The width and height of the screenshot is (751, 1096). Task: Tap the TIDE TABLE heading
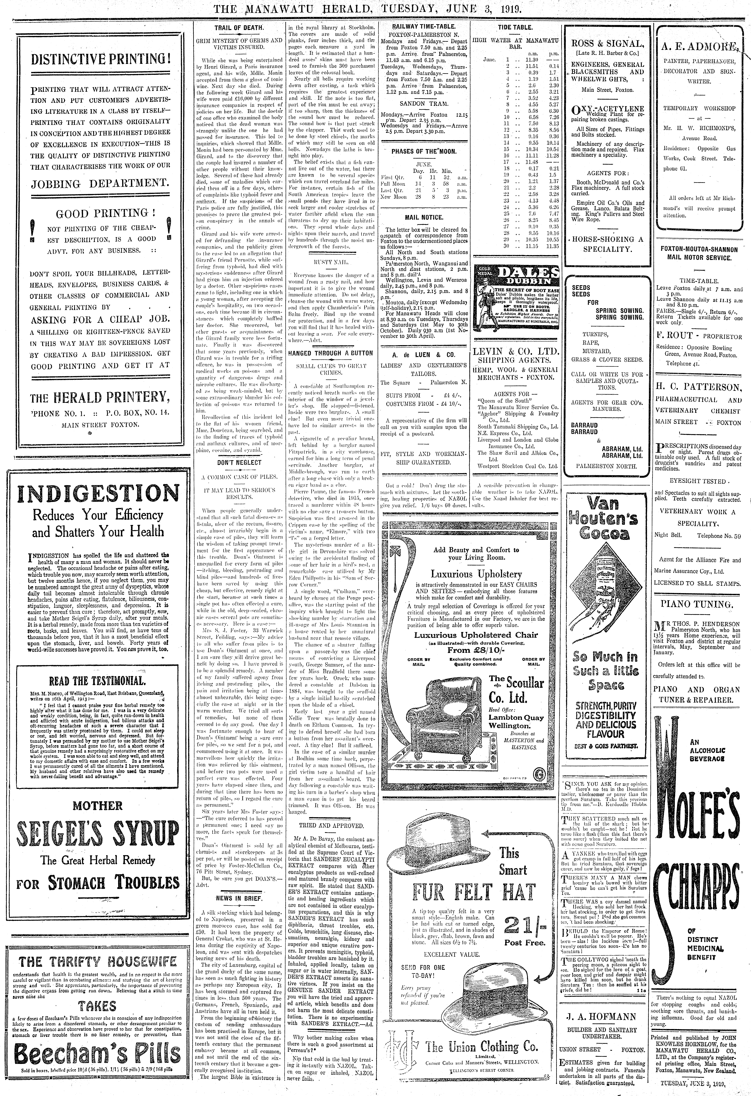516,27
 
